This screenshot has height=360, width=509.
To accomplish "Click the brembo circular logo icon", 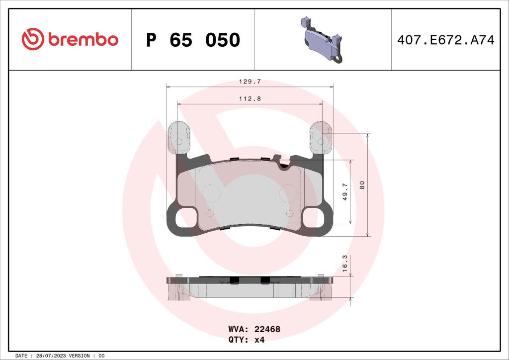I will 33,39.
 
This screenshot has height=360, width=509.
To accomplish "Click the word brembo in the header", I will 83,40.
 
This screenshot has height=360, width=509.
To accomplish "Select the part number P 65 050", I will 193,40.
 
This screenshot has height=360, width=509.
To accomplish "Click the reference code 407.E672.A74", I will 445,40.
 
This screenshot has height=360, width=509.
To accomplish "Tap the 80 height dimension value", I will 362,184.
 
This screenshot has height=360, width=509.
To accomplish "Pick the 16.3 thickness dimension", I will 345,262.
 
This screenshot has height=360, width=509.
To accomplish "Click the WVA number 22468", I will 267,329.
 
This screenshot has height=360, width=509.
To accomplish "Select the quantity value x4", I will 260,340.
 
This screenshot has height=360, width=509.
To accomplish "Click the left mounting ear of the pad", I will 178,137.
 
